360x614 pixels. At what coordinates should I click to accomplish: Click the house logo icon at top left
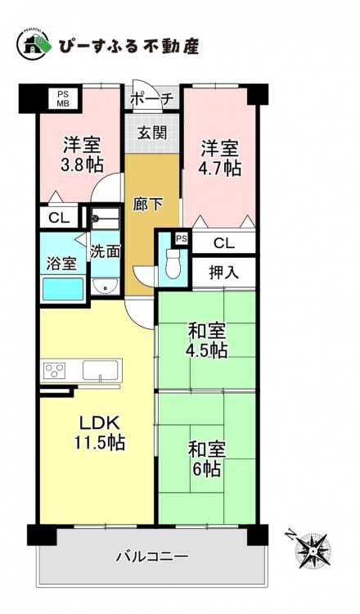click(33, 44)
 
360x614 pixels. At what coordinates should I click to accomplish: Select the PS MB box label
click(63, 98)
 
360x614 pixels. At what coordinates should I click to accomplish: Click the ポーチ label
click(151, 99)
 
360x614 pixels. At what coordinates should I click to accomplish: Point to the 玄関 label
click(152, 133)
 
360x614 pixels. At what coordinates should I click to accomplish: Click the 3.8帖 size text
click(82, 165)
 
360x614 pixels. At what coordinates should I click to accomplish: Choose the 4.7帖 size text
click(219, 168)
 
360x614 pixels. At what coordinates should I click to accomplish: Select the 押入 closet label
click(224, 273)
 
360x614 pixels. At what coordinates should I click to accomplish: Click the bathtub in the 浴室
click(63, 289)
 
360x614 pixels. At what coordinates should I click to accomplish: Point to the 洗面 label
click(105, 252)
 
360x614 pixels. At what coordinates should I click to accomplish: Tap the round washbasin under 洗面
click(105, 287)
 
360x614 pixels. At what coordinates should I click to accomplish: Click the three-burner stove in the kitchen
click(55, 370)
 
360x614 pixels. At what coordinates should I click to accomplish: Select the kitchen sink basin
click(100, 370)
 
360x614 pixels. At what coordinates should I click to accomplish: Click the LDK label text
click(99, 423)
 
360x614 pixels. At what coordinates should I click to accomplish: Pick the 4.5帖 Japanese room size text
click(207, 350)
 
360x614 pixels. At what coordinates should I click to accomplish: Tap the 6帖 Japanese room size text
click(206, 468)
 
